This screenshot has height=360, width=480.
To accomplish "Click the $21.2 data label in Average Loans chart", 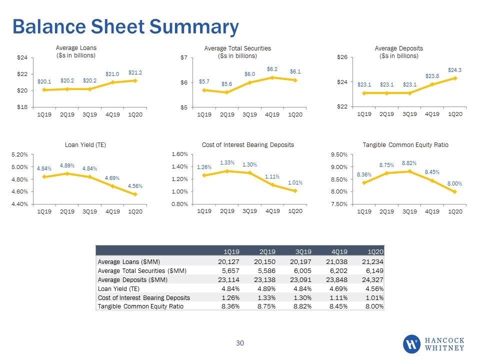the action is [x=135, y=72].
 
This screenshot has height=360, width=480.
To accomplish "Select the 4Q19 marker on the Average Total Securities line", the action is [x=272, y=78].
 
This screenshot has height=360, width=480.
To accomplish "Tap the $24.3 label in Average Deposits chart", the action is [x=454, y=70].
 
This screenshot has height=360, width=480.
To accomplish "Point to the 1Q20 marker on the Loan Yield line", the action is [x=135, y=194].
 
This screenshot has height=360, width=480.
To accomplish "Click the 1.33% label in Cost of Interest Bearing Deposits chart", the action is [x=227, y=162].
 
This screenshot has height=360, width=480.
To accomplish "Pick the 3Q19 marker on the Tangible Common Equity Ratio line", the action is [x=409, y=171].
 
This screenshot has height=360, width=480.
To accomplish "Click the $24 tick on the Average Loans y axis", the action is [x=22, y=57].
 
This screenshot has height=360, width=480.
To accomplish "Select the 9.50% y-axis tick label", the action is [x=339, y=154].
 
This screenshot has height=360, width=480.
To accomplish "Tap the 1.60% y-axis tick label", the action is [x=179, y=154].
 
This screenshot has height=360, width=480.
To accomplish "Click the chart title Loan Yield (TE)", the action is [x=85, y=145].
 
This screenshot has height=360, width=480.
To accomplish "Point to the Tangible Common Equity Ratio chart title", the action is [x=405, y=145].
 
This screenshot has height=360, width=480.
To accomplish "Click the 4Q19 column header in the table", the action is [x=339, y=251].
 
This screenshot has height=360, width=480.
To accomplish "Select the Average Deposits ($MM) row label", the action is [x=132, y=280].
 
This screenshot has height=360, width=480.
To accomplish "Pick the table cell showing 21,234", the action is [x=372, y=261].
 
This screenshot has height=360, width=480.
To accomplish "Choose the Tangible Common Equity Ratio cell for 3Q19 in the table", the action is [x=302, y=306].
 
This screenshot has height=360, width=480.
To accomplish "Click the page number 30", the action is [x=240, y=343].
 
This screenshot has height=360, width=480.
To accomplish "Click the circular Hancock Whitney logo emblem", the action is [x=411, y=344].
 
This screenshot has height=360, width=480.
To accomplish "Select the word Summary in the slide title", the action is [x=194, y=27].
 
